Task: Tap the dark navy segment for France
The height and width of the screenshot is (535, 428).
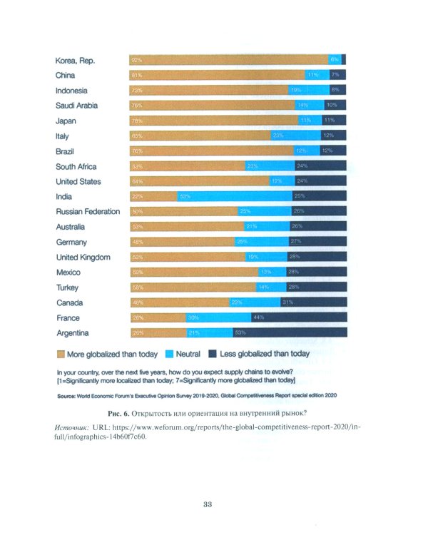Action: tap(298, 318)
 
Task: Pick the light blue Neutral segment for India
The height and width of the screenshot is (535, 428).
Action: tap(235, 197)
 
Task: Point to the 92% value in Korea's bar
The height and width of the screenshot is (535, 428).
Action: tap(136, 61)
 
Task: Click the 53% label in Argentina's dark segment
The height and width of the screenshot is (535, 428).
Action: tap(240, 333)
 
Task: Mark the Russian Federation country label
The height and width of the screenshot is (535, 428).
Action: tap(88, 212)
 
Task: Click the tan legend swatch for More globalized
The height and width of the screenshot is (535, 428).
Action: tap(61, 353)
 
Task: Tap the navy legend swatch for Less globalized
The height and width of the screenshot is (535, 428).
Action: tap(212, 353)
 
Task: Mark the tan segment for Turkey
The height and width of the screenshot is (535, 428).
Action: tap(193, 287)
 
